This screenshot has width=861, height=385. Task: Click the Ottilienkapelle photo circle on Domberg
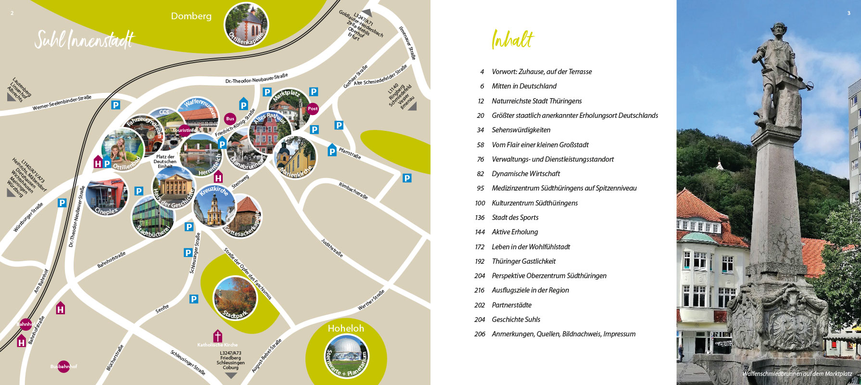point(246,24)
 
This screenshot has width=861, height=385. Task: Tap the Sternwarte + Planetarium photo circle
point(346,356)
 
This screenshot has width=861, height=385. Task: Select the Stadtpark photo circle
point(235,298)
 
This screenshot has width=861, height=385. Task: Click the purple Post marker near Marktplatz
point(313,109)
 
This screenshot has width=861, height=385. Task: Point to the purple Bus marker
point(230,118)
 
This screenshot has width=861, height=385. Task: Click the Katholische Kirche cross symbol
point(217,335)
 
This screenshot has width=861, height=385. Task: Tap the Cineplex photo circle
point(107,195)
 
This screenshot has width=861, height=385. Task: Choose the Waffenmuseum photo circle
point(197,115)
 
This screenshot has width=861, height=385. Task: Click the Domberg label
point(191,16)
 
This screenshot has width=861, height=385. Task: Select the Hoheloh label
point(346,328)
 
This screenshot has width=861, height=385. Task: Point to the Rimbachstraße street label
point(353,191)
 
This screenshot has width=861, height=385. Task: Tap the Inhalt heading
point(513,39)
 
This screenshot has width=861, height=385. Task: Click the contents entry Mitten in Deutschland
point(524,86)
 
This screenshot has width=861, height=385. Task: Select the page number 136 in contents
point(480,218)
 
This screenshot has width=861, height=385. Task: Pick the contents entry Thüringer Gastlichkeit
point(523,261)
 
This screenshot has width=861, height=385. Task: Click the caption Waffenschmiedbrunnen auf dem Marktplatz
point(797,373)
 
